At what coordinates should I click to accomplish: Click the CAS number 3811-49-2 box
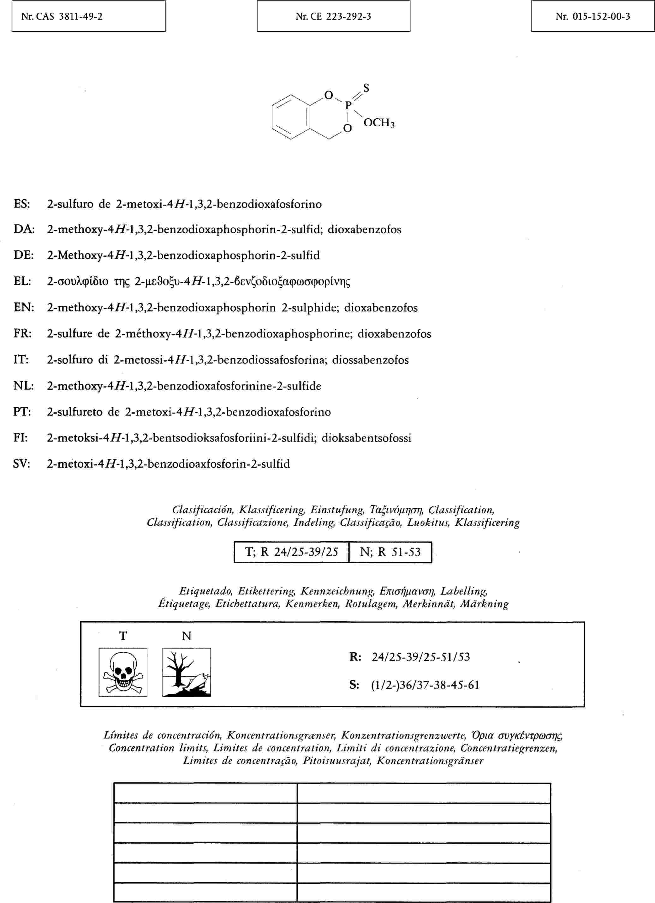click(88, 17)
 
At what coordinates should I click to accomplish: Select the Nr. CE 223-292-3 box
click(333, 17)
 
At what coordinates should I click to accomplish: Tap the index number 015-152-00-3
click(592, 17)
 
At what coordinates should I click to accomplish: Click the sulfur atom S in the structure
click(366, 88)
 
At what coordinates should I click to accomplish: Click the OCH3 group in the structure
click(379, 123)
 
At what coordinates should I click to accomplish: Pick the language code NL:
click(23, 386)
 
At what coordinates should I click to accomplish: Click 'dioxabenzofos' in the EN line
click(381, 308)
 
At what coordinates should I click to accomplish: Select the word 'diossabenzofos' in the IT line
click(370, 360)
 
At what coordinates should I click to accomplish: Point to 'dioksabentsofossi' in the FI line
click(366, 438)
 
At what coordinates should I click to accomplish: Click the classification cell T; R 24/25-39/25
click(291, 552)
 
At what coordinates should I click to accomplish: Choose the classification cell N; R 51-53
click(390, 552)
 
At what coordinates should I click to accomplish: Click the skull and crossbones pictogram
click(123, 673)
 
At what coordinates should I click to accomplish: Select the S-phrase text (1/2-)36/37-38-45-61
click(425, 685)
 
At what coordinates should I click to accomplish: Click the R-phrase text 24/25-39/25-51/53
click(420, 656)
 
